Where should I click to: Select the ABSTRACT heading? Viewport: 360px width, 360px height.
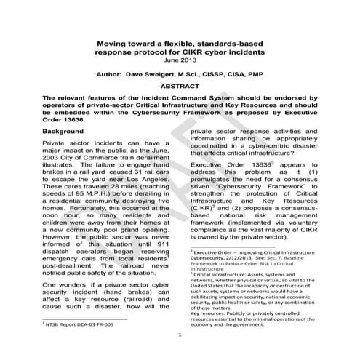(180, 86)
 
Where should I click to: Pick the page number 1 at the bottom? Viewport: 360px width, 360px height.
(180, 335)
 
